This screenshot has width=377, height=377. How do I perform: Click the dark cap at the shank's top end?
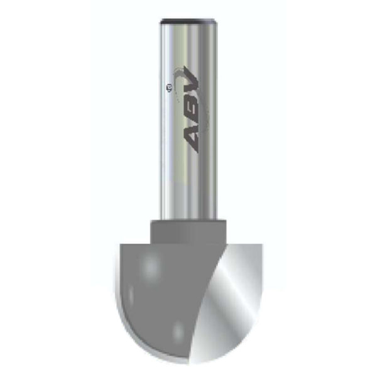[187, 21]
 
